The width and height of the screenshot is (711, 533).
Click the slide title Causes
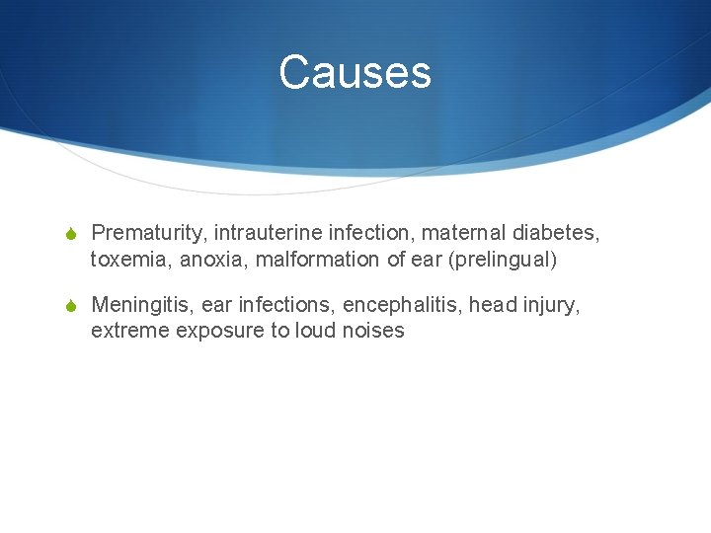pyautogui.click(x=355, y=72)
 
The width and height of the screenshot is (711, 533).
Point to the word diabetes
pyautogui.click(x=557, y=233)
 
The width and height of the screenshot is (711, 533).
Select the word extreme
pyautogui.click(x=129, y=331)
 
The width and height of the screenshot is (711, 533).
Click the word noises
pyautogui.click(x=373, y=331)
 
